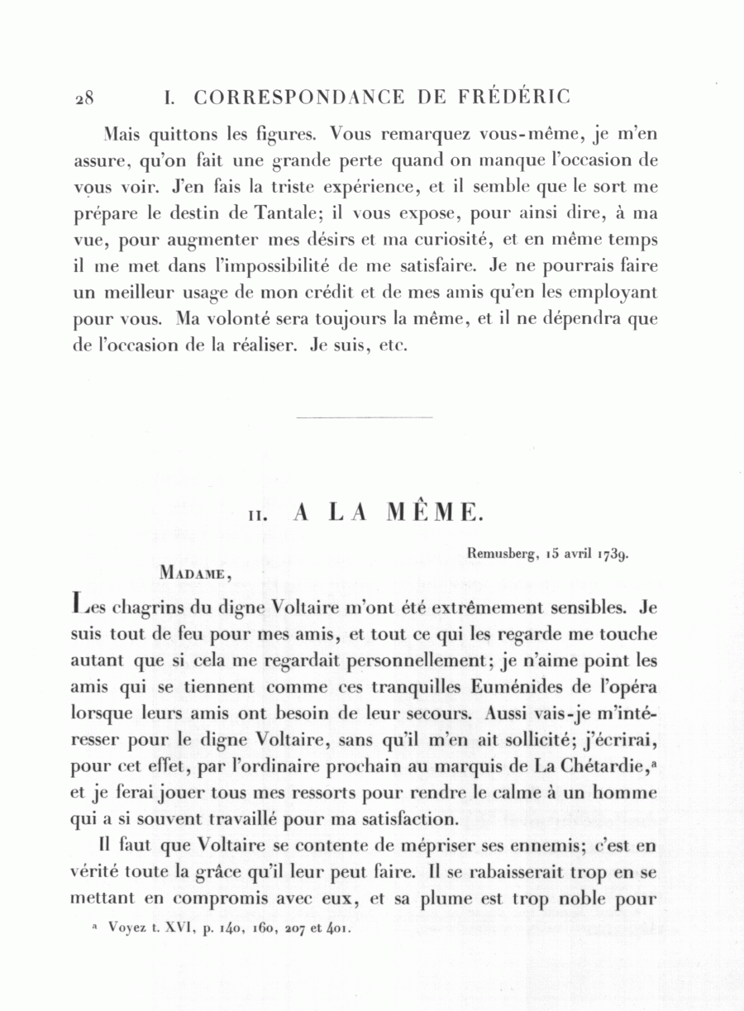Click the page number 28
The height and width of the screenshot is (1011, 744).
pos(83,98)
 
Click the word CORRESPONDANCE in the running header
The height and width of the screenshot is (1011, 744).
pos(299,98)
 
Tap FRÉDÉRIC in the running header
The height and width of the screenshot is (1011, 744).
pos(513,97)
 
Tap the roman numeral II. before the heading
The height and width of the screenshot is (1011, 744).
pos(257,515)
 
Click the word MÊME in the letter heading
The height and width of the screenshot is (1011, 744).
pos(433,513)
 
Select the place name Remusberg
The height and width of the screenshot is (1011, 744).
pos(498,555)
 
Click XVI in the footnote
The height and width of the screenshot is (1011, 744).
pos(178,928)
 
